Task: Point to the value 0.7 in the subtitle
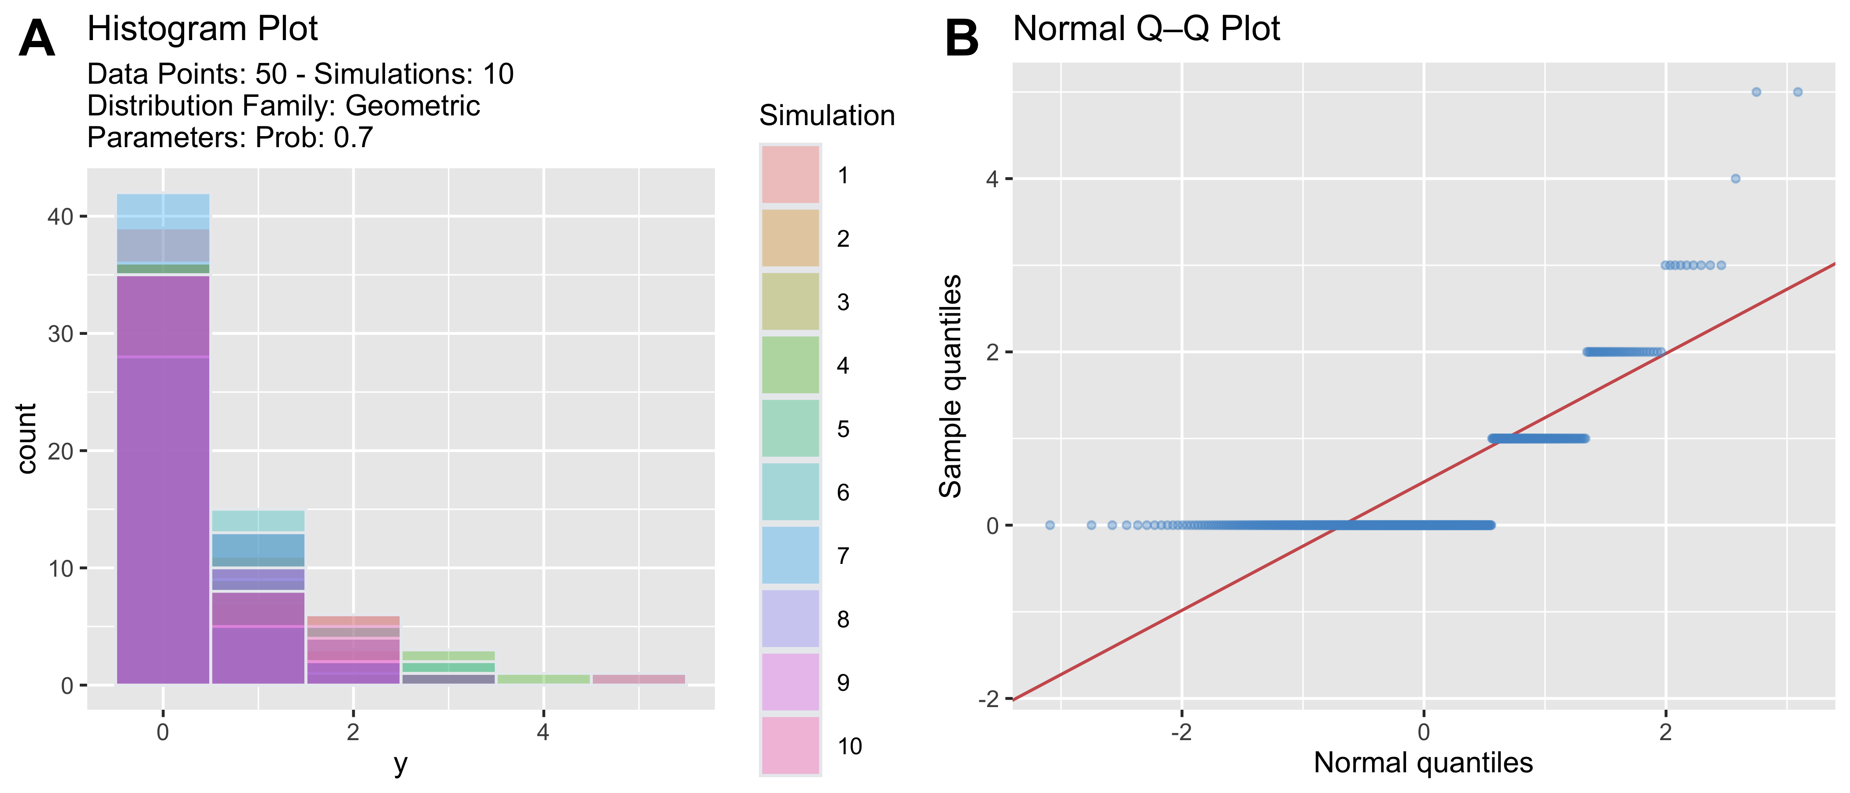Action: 353,137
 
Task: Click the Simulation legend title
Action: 827,115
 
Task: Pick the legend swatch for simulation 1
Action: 790,174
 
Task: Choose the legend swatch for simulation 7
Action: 790,555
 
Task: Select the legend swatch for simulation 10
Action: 790,745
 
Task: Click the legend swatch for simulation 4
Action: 790,365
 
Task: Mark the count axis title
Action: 26,439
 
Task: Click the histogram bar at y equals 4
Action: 544,679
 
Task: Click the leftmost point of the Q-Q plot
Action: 1050,525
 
